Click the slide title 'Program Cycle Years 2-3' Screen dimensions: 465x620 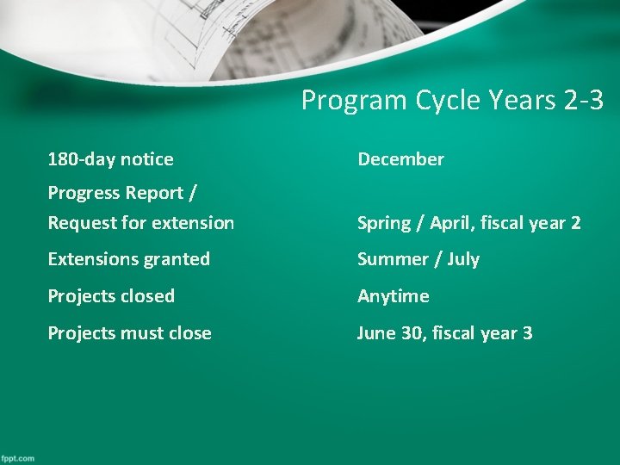[x=452, y=101]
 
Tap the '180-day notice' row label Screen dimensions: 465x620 [x=110, y=159]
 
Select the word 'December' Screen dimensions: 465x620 [x=400, y=159]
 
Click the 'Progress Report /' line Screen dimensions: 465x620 [x=115, y=193]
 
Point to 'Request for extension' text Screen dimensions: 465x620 [x=140, y=223]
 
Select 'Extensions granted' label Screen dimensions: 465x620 [x=128, y=259]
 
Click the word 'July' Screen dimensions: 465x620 [x=462, y=259]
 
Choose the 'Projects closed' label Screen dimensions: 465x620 [x=111, y=296]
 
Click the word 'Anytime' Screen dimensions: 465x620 [x=393, y=296]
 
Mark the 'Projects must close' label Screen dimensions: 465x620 [x=129, y=333]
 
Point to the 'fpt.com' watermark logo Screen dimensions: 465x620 [x=18, y=457]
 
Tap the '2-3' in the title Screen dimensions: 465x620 [x=583, y=101]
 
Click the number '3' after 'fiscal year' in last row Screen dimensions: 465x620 [x=527, y=333]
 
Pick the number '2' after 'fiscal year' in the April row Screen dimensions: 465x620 [x=575, y=223]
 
